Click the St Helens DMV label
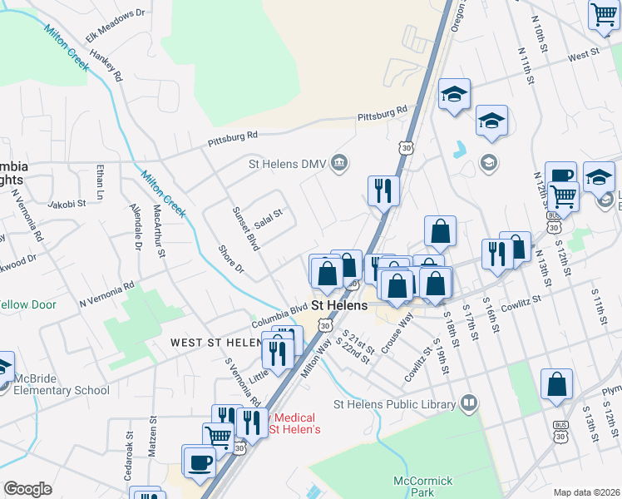[284, 164]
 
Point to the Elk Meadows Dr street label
[115, 25]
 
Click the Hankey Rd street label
[109, 65]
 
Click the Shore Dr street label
[230, 259]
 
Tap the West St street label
[584, 55]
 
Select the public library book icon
[469, 404]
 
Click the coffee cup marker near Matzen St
[200, 461]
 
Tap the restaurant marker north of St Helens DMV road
[383, 190]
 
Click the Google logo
[27, 489]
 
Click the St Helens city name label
[339, 305]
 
